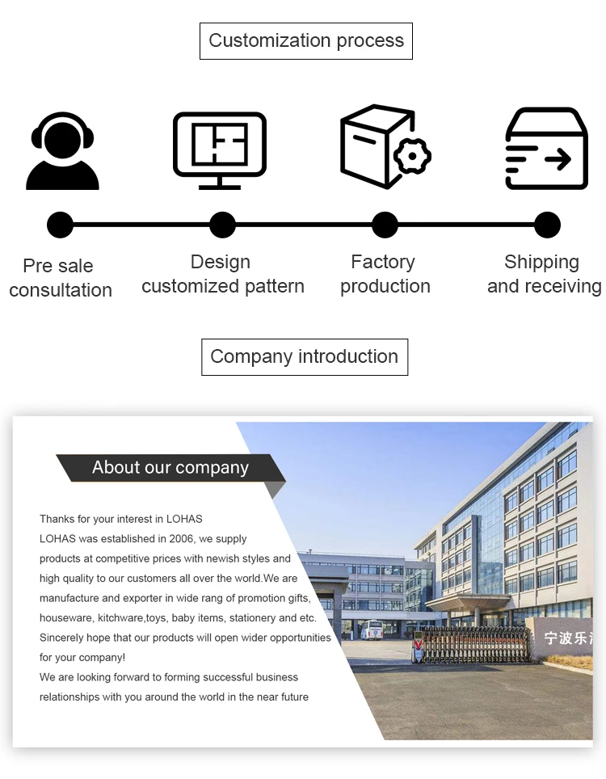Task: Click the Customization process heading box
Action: [x=306, y=41]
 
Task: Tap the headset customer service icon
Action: [x=62, y=151]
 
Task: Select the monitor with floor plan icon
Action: [x=220, y=150]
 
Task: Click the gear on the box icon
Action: [x=411, y=155]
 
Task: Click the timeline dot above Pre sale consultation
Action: [x=60, y=225]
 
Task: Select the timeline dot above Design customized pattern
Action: [x=222, y=225]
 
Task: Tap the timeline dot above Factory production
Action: [x=385, y=225]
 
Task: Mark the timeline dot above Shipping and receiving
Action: [x=547, y=225]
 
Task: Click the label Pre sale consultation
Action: [x=60, y=278]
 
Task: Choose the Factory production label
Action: [x=385, y=274]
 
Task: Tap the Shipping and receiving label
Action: [x=544, y=274]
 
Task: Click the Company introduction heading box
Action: [x=305, y=357]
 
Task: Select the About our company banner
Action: [x=170, y=468]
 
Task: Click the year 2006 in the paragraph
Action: [x=183, y=539]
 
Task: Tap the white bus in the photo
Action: [x=372, y=630]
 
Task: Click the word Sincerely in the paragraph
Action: [x=63, y=638]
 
